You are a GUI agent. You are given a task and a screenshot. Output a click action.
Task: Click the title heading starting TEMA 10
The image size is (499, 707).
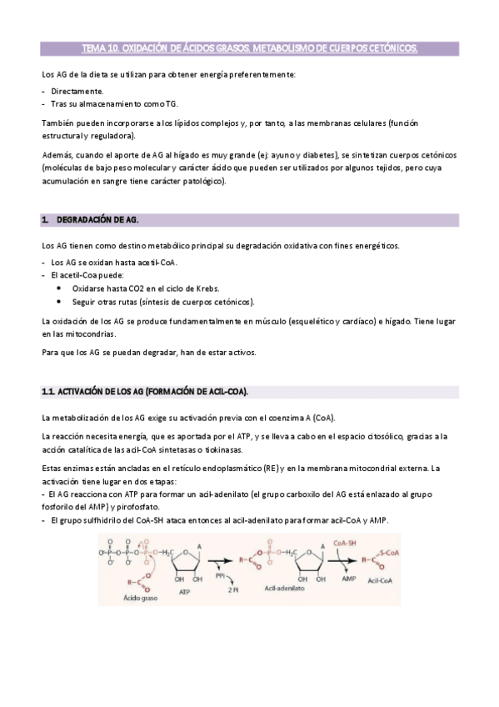pos(249,49)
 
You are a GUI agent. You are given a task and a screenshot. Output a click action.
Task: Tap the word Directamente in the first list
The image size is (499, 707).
pos(77,90)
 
